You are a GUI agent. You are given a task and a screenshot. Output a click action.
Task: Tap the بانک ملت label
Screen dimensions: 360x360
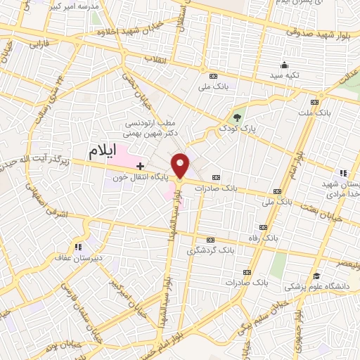pos(333,112)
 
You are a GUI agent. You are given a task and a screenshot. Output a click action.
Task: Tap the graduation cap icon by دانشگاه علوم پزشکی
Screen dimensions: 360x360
pos(318,275)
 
